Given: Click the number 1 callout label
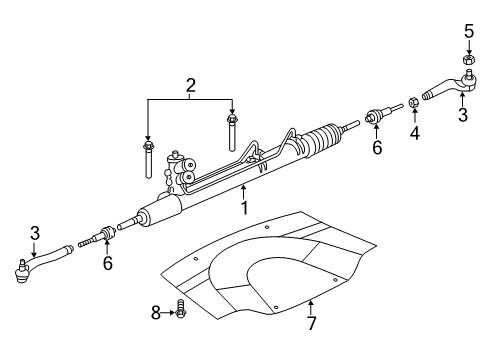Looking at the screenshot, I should [x=243, y=207].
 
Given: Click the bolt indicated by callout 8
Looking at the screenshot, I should [x=181, y=313].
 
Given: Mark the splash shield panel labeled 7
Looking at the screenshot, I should [x=270, y=275].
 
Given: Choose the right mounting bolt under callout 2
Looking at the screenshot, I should [x=231, y=131].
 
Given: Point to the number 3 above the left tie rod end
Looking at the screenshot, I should [x=34, y=233].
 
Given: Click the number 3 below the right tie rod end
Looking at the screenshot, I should [x=461, y=116].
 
